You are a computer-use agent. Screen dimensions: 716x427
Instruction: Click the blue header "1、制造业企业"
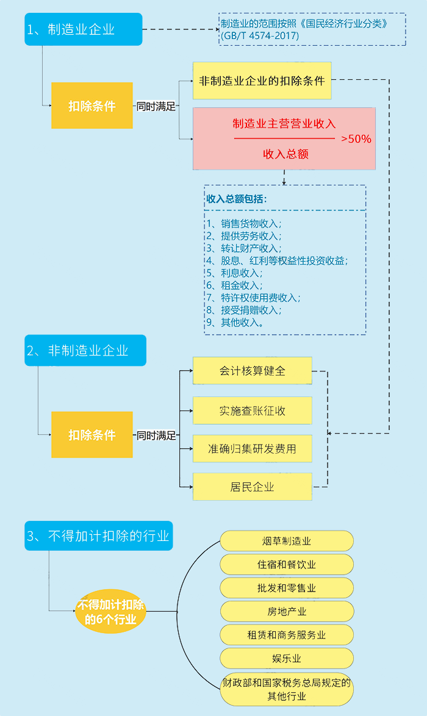point(83,29)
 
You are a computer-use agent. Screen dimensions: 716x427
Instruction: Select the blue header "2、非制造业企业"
point(85,350)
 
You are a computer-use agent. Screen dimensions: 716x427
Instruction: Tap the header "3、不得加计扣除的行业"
point(98,536)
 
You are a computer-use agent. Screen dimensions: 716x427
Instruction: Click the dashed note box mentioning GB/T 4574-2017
point(312,29)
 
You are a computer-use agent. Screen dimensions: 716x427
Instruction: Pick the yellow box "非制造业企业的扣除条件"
point(262,81)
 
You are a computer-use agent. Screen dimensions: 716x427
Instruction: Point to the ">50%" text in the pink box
point(356,139)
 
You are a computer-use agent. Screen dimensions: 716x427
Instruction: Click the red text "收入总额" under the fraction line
point(285,154)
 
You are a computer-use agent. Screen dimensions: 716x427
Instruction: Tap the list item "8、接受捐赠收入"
point(243,310)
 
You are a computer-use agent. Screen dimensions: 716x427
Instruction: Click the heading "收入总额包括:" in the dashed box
point(236,199)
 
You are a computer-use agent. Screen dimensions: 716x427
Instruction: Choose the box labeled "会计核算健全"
point(252,371)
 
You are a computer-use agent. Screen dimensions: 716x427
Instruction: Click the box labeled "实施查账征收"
point(252,410)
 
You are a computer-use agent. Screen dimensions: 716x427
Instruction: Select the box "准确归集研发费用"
point(252,449)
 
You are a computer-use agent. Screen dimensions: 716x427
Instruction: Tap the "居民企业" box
point(252,487)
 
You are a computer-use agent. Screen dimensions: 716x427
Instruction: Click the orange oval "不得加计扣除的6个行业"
point(110,612)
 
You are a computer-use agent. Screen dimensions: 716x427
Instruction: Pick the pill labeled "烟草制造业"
point(286,541)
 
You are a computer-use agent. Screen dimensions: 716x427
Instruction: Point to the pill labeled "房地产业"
point(286,611)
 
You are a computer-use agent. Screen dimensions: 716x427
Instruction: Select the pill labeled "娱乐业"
point(286,659)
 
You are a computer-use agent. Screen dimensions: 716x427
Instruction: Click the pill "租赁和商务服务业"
point(286,635)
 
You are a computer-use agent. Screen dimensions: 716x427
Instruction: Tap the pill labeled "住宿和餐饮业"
point(286,564)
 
